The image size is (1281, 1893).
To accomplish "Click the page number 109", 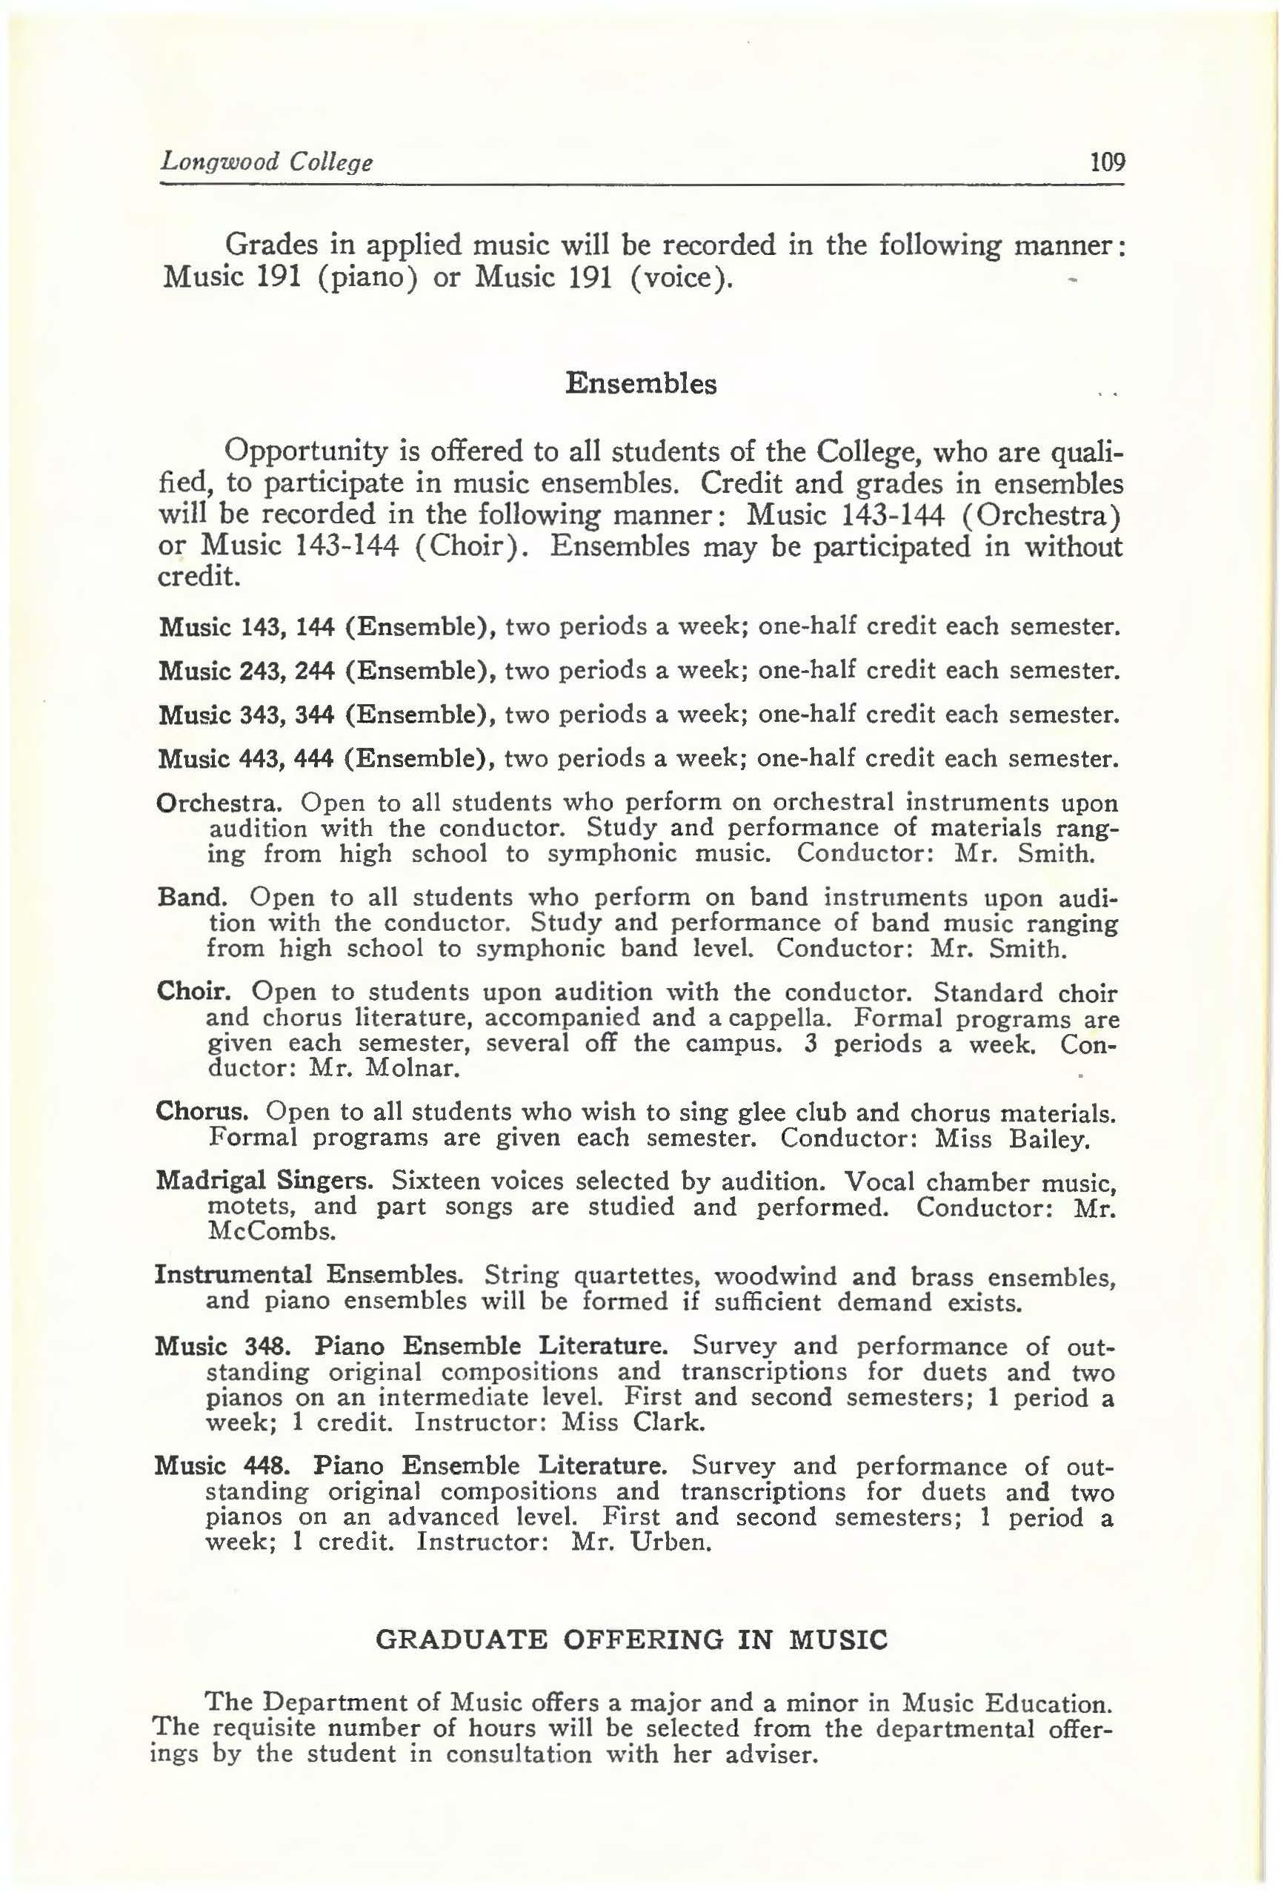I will tap(1107, 162).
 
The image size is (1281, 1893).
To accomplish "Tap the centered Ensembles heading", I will tap(640, 383).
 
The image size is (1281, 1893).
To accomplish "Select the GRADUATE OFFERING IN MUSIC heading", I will tap(631, 1615).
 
